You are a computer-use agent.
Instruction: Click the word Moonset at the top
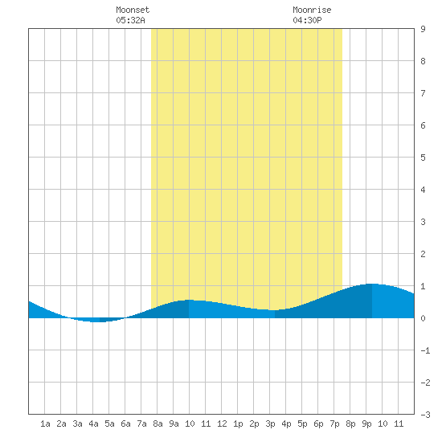133,10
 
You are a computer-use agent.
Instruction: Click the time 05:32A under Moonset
130,20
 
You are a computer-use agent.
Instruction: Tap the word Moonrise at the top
312,10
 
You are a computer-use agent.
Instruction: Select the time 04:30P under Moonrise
307,20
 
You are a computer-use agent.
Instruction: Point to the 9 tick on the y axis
423,29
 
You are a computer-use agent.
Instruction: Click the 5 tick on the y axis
423,158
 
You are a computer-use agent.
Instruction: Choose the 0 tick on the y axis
423,318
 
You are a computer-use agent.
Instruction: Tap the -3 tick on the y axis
425,415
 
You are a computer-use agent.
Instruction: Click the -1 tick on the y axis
425,350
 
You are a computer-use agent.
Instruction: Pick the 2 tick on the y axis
423,254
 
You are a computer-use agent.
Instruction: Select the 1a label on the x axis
45,424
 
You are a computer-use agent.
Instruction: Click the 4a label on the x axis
93,424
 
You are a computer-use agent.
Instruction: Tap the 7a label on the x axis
141,424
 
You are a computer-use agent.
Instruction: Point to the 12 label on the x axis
222,424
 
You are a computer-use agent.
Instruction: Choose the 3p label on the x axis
270,424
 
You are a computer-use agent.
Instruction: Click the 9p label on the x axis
366,424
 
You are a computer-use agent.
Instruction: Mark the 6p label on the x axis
318,424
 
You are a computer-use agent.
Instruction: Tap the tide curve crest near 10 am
189,300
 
